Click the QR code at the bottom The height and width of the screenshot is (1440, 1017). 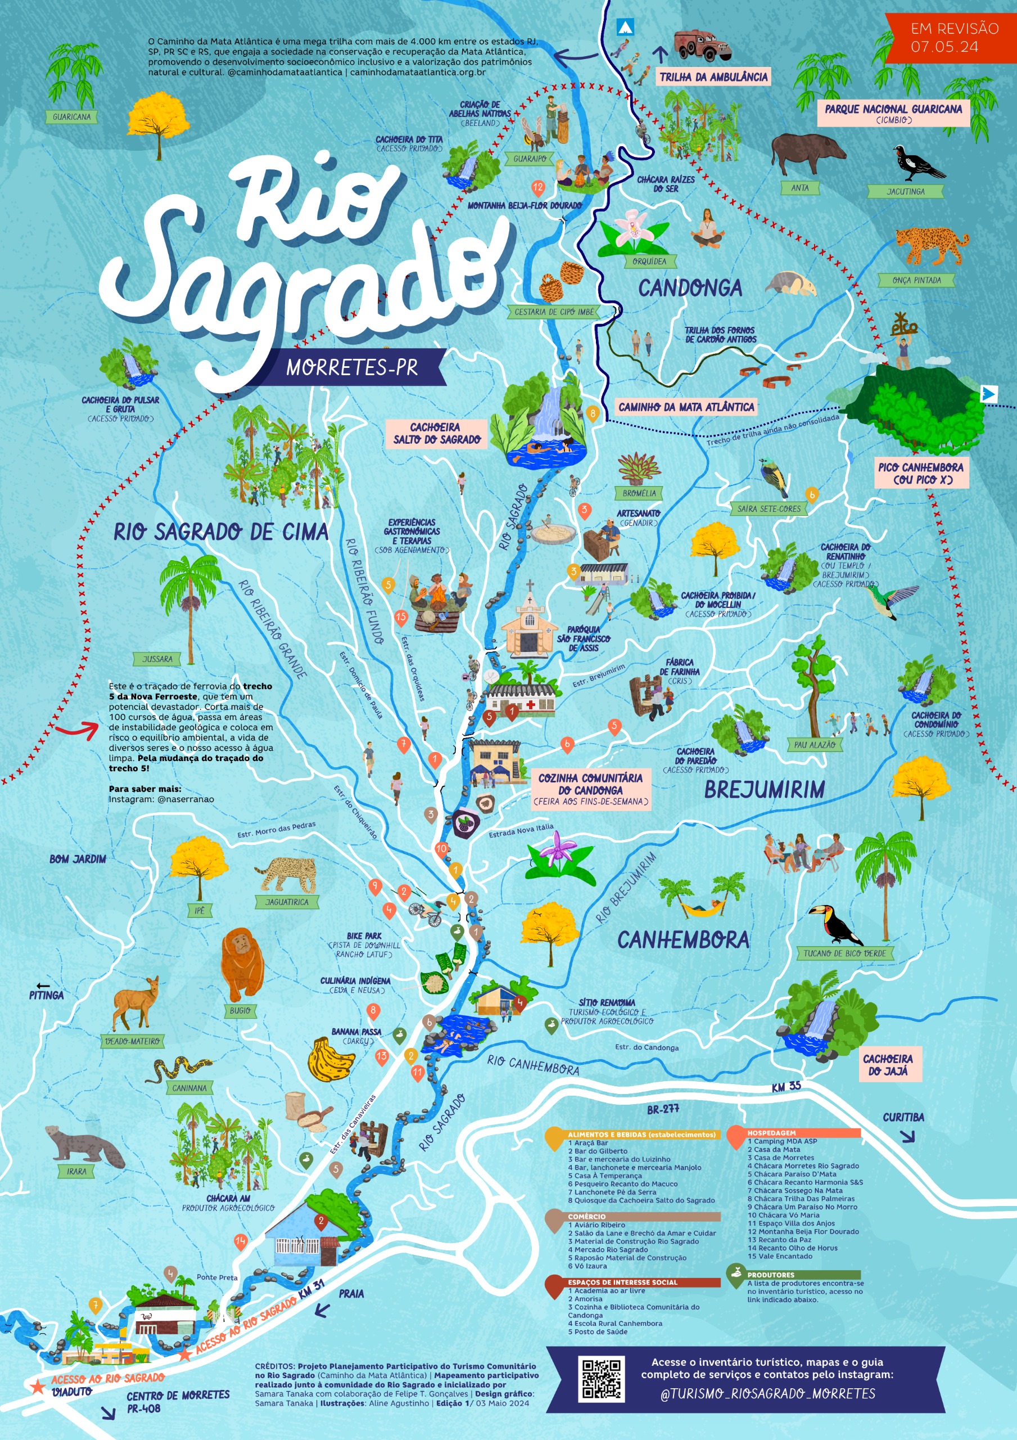click(602, 1379)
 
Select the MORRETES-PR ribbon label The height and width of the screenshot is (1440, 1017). click(352, 367)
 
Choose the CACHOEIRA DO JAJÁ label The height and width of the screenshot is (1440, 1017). click(888, 1064)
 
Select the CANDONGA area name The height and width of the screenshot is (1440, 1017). click(690, 288)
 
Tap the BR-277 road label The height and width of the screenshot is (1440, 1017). click(663, 1109)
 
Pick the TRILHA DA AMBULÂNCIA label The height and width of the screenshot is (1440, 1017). click(713, 77)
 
